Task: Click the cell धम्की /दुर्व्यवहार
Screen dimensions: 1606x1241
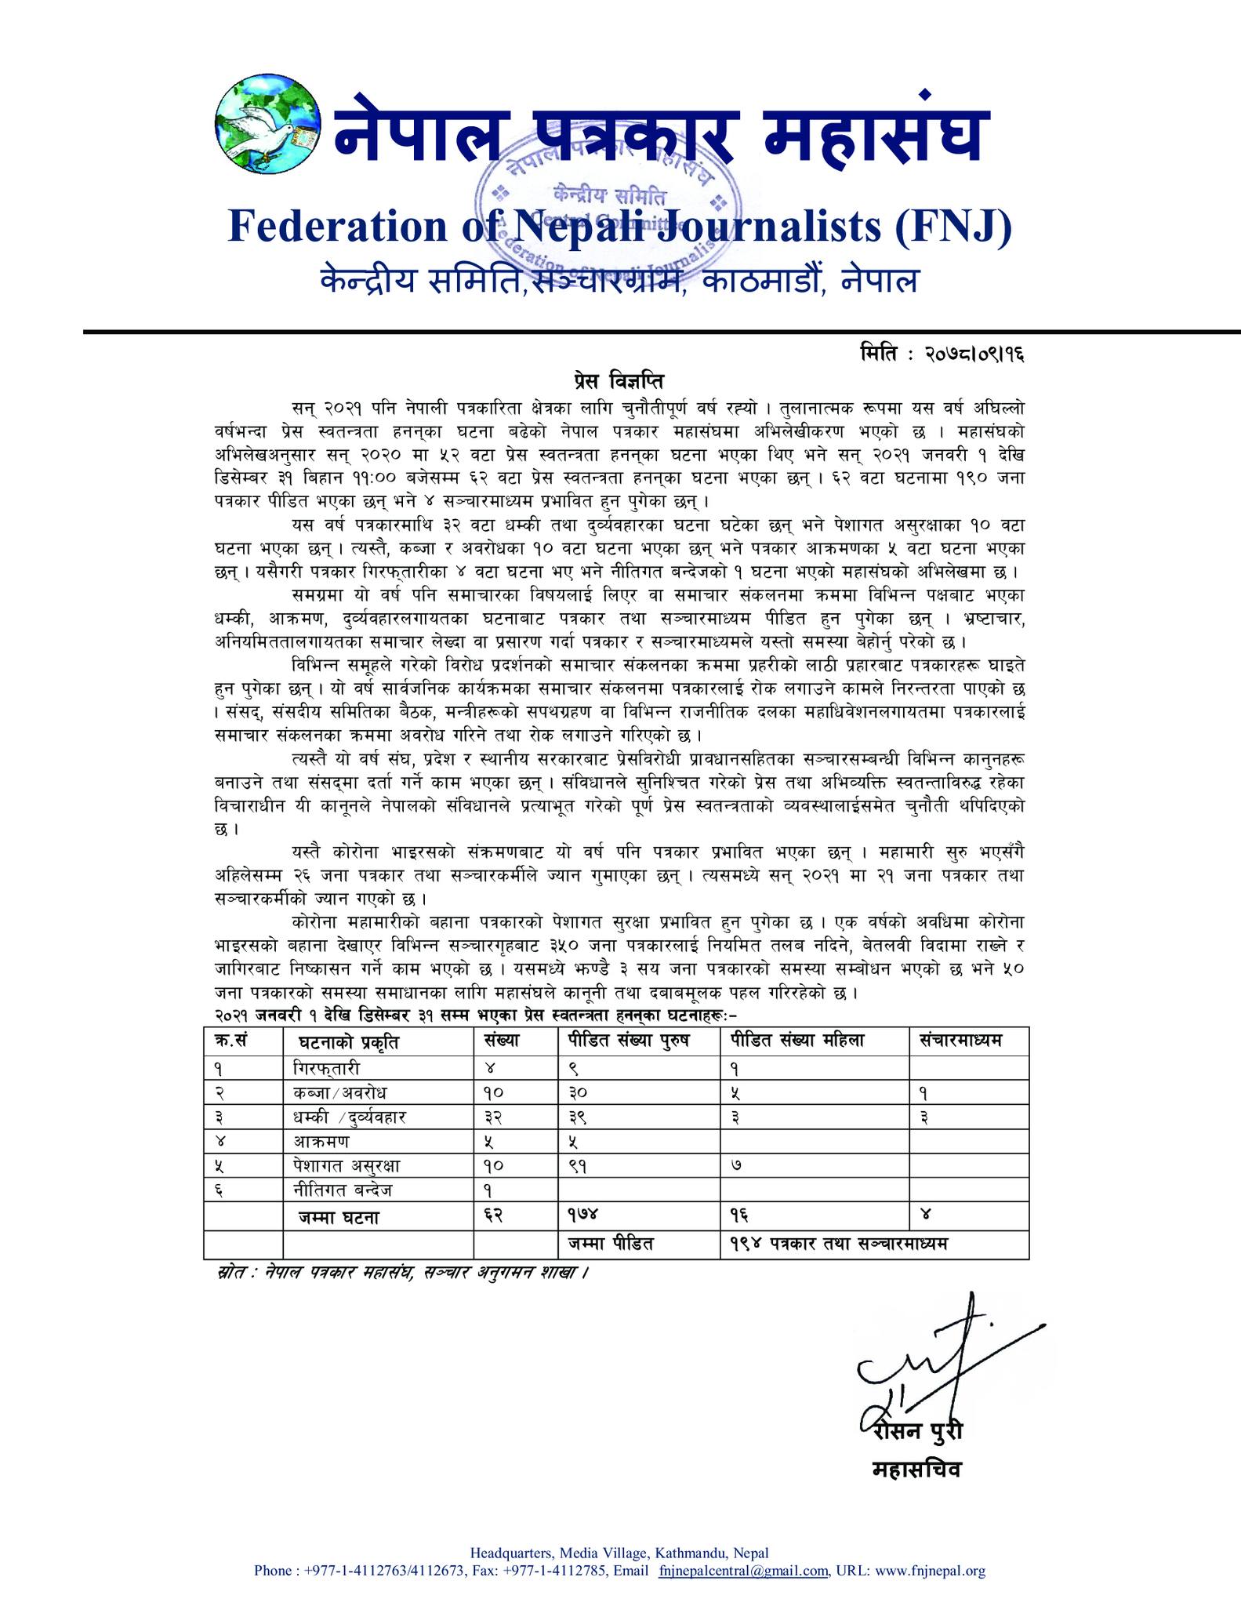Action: (347, 1117)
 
